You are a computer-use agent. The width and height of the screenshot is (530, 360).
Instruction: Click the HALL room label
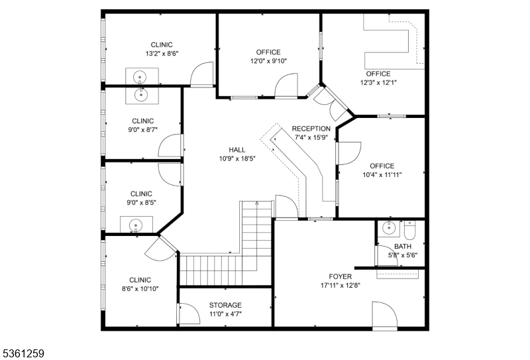[x=237, y=150]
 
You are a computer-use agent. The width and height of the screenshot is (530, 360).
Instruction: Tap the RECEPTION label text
[x=311, y=129]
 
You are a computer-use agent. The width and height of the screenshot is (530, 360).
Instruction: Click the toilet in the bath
[x=409, y=233]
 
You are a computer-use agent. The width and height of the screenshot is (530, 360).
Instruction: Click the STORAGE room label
[x=225, y=305]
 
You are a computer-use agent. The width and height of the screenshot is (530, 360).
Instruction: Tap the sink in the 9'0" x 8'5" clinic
[x=136, y=225]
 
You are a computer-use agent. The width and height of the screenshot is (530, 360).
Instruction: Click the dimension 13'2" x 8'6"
[x=162, y=54]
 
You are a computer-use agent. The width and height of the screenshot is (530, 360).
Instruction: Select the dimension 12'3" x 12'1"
[x=378, y=83]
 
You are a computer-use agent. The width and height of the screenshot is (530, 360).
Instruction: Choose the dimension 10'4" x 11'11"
[x=382, y=175]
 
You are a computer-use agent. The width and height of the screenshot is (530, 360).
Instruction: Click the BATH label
[x=402, y=247]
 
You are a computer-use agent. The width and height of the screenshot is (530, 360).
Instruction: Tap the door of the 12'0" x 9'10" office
[x=287, y=86]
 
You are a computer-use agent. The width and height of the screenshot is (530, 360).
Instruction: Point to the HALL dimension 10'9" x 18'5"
[x=237, y=159]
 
